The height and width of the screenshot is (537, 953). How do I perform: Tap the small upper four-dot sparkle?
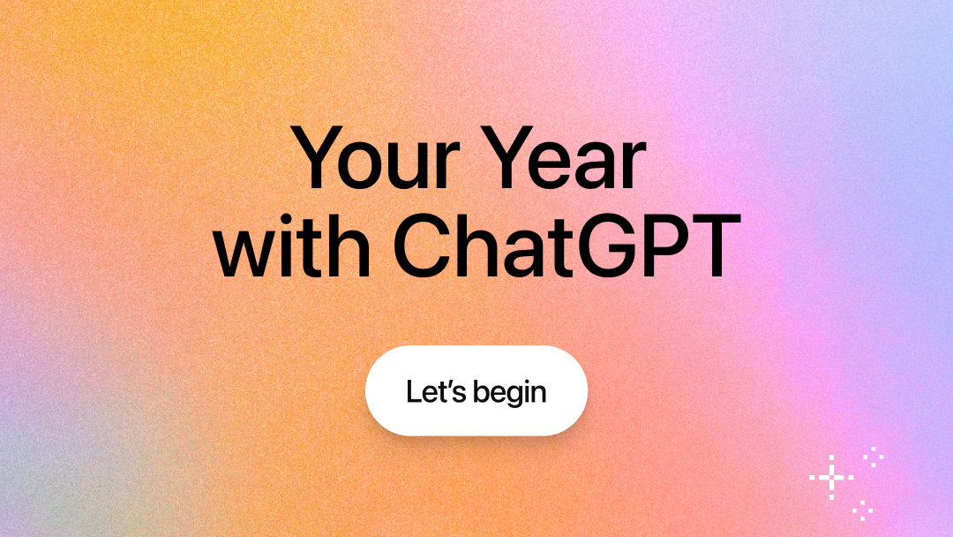coord(874,457)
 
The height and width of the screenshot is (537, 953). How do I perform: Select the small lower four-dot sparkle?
coord(863,508)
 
